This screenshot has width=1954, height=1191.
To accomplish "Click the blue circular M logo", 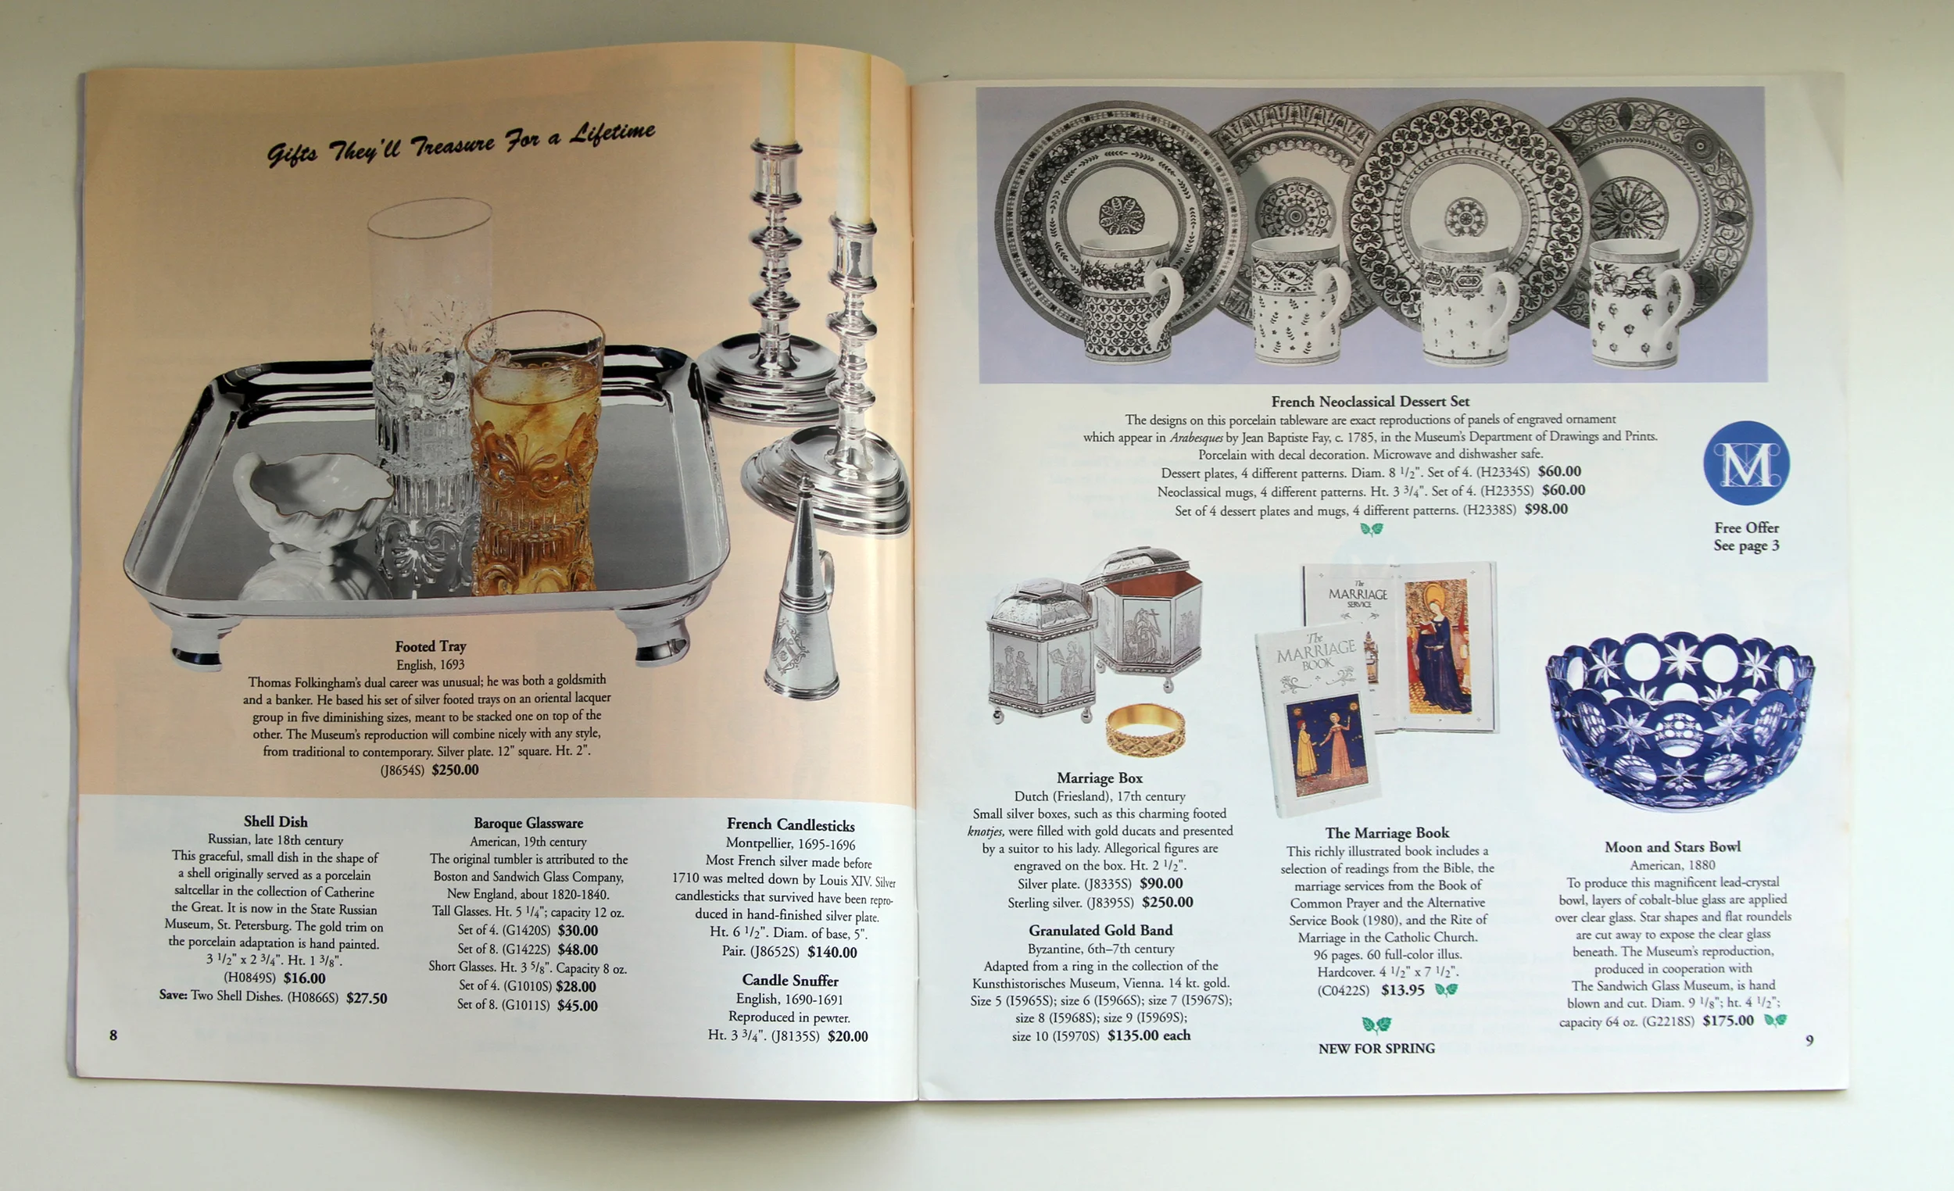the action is click(1745, 463).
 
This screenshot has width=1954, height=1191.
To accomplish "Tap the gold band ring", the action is click(1145, 729).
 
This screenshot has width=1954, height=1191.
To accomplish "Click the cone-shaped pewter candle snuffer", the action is click(801, 591).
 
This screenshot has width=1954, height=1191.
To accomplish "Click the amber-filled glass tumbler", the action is click(536, 452).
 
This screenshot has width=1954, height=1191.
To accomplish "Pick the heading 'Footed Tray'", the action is click(431, 646).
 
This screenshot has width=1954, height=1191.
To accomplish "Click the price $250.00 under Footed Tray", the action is click(455, 769).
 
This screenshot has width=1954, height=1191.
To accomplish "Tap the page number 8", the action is click(113, 1035).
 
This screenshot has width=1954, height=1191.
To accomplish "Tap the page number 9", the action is click(1809, 1040).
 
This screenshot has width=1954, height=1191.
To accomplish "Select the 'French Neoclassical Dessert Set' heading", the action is click(1370, 401).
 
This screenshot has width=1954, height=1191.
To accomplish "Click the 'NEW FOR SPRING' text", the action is click(1376, 1048).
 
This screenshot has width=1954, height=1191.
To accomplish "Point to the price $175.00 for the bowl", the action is click(1728, 1021).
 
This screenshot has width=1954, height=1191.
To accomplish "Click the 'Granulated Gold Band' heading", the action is click(1100, 930).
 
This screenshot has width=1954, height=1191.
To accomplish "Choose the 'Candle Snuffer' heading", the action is click(790, 980).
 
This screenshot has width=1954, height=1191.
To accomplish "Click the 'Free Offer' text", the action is click(1746, 528).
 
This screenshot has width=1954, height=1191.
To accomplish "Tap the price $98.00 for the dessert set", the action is click(1545, 509).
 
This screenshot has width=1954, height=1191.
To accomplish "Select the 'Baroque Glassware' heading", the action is click(528, 823).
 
